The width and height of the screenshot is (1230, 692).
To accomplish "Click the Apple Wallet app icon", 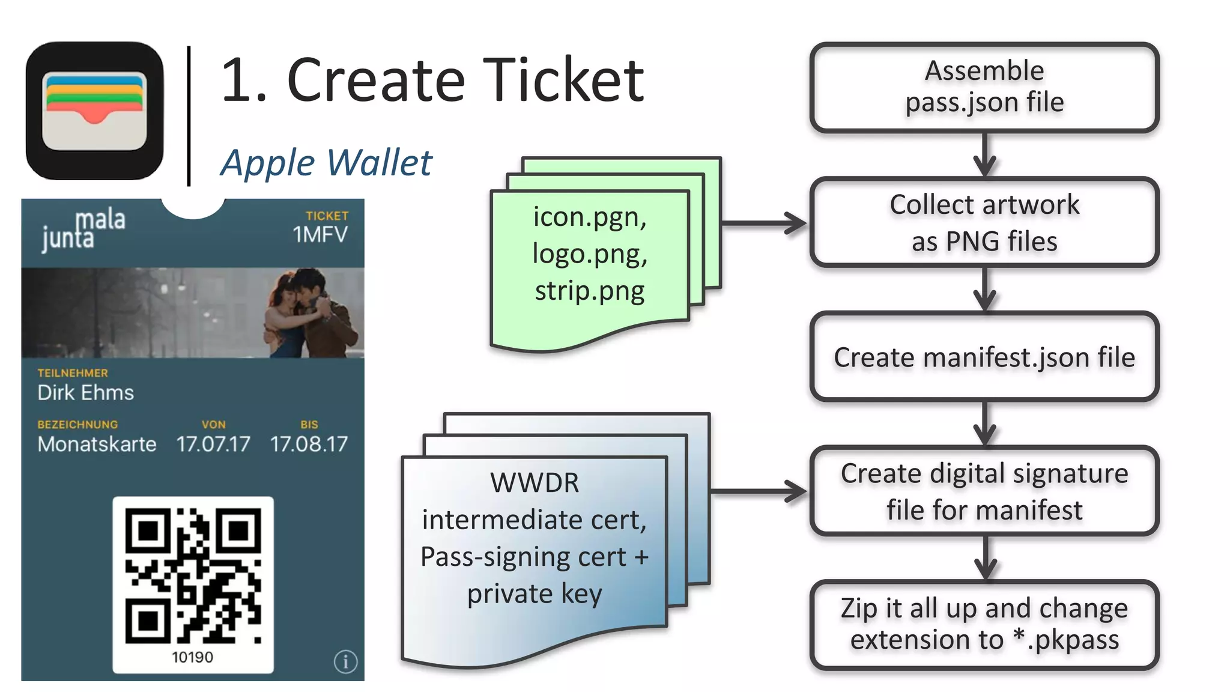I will tap(94, 111).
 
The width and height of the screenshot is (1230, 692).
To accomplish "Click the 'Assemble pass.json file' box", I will tap(984, 88).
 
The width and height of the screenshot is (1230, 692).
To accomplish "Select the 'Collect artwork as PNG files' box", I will tap(984, 222).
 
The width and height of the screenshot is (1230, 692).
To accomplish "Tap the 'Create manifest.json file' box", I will tap(984, 357).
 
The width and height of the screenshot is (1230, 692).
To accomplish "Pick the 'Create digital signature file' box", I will tap(984, 491).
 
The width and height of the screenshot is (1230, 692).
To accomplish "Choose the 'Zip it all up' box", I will tap(984, 625).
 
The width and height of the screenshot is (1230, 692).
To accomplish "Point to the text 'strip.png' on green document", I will tap(590, 291).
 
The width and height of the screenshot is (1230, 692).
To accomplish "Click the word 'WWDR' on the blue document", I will tap(534, 483).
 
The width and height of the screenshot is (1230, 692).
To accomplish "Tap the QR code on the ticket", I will tap(193, 575).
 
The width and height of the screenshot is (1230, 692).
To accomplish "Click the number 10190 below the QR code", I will tap(192, 657).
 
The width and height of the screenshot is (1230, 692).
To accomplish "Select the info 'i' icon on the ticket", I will tap(345, 662).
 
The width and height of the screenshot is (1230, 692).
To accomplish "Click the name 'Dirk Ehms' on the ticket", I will tap(85, 393).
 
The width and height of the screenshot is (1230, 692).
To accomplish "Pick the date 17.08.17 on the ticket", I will tap(309, 445).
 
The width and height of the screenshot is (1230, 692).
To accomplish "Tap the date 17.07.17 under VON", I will tap(213, 445).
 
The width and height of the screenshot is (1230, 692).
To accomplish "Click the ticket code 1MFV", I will tap(320, 235).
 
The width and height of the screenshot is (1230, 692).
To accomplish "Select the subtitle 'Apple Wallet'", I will tap(326, 163).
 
